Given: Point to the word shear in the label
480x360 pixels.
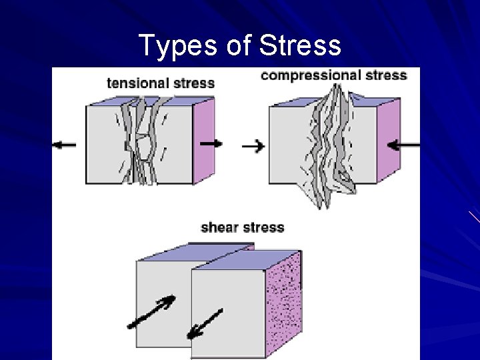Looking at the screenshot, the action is click(x=219, y=228).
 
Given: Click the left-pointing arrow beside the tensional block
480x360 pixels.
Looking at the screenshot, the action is click(x=65, y=144).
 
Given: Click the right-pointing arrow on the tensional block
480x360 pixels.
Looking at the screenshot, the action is click(x=211, y=143).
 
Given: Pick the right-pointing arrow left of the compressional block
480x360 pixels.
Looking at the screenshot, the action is click(x=253, y=146).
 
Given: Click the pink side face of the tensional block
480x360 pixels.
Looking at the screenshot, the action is click(x=203, y=140).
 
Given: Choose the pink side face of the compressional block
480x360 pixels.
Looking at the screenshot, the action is click(x=387, y=140).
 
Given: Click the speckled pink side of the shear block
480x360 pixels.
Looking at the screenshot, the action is click(x=283, y=300).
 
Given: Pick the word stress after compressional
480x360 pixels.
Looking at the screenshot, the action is click(x=382, y=75).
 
